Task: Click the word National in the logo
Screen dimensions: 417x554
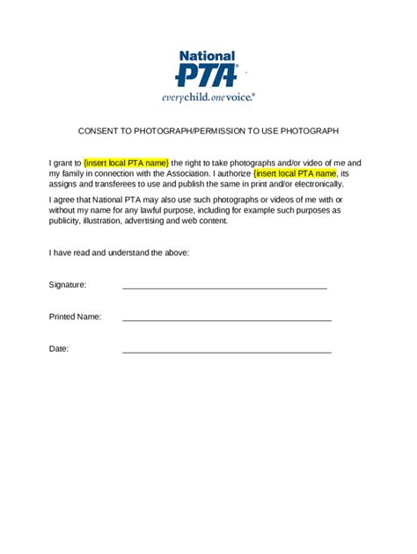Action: tap(207, 55)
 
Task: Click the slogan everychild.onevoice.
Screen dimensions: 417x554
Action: tap(208, 97)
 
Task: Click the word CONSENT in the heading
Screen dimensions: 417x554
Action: tap(99, 131)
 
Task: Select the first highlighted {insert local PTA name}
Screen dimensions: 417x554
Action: tap(126, 164)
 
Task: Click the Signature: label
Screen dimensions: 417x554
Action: tap(68, 285)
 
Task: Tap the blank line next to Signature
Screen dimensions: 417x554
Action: tap(224, 287)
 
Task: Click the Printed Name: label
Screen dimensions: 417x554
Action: tap(75, 317)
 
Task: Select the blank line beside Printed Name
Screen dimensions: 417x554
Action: tap(226, 319)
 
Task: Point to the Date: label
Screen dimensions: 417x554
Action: tap(59, 349)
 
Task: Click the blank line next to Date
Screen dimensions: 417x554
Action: tap(226, 352)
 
